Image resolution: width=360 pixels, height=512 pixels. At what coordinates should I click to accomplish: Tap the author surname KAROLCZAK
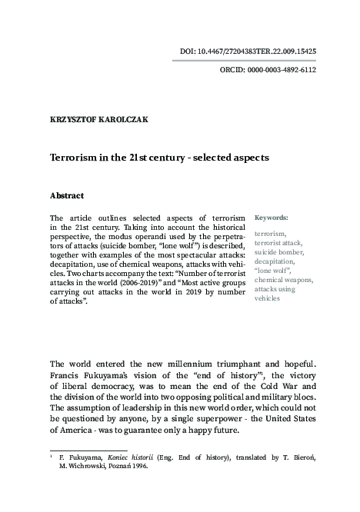[x=125, y=119]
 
